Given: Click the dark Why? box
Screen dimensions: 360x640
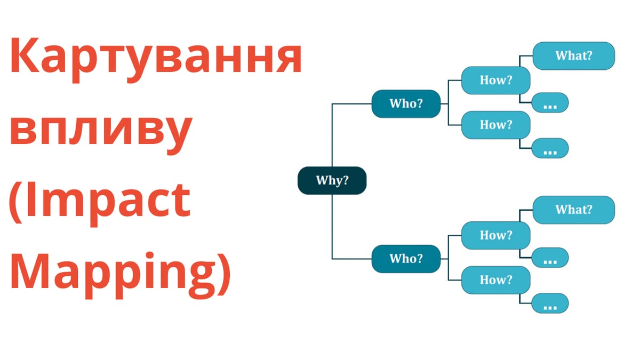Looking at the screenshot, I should click(x=332, y=180).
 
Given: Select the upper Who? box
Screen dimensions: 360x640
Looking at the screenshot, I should click(x=406, y=103).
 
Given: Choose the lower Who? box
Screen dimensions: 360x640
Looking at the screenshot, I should click(x=406, y=259).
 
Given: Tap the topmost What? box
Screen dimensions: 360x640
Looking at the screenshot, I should click(x=573, y=55).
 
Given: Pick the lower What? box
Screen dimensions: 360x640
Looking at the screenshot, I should click(x=573, y=210).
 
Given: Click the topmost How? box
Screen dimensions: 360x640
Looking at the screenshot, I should click(x=495, y=81).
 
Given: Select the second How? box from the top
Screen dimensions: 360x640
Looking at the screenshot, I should click(x=495, y=125).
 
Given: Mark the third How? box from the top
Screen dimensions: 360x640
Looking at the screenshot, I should click(x=495, y=235).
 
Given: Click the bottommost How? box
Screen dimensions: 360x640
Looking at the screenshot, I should click(x=495, y=279).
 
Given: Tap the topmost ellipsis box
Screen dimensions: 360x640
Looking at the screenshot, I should click(x=550, y=103).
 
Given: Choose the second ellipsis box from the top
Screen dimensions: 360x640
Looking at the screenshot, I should click(x=550, y=148).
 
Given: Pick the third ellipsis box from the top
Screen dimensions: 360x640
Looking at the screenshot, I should click(x=550, y=258).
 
